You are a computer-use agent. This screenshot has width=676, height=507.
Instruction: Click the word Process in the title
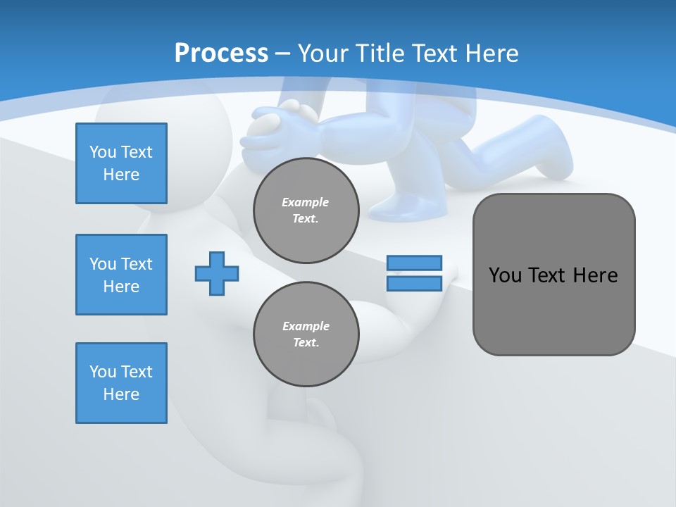pyautogui.click(x=221, y=54)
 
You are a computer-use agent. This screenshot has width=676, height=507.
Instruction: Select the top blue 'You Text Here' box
pyautogui.click(x=121, y=163)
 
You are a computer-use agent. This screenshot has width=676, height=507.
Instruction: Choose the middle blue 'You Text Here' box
pyautogui.click(x=121, y=275)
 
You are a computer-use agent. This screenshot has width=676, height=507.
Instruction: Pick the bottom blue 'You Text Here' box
pyautogui.click(x=121, y=383)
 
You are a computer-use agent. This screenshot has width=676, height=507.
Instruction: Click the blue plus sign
pyautogui.click(x=217, y=273)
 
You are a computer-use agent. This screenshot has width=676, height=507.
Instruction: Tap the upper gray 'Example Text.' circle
pyautogui.click(x=306, y=211)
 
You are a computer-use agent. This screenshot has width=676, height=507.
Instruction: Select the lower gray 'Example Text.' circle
pyautogui.click(x=306, y=334)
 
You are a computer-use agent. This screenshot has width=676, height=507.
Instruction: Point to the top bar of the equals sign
pyautogui.click(x=414, y=263)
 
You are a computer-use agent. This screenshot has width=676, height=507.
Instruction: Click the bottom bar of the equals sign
pyautogui.click(x=414, y=284)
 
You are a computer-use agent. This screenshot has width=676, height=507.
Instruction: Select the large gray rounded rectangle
pyautogui.click(x=553, y=317)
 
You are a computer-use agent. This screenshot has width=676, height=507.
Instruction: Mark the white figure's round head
pyautogui.click(x=169, y=141)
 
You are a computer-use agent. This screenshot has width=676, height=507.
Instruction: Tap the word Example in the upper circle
pyautogui.click(x=306, y=202)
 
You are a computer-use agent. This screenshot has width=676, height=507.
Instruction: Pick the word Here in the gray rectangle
pyautogui.click(x=595, y=275)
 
